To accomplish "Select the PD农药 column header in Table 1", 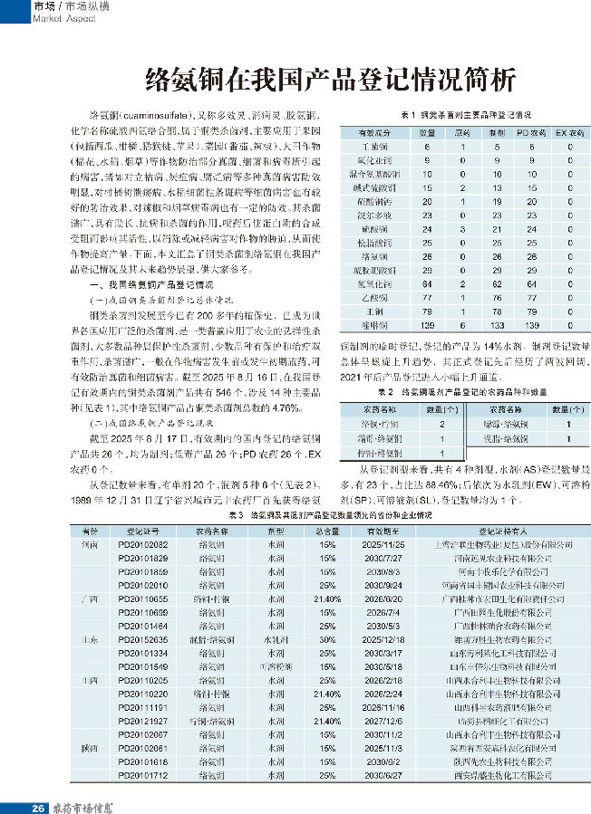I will (x=526, y=131).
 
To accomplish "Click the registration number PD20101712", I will (x=143, y=776).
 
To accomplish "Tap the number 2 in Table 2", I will (x=441, y=424).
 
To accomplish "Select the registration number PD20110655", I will (x=143, y=599).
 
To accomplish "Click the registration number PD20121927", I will (x=143, y=721).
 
